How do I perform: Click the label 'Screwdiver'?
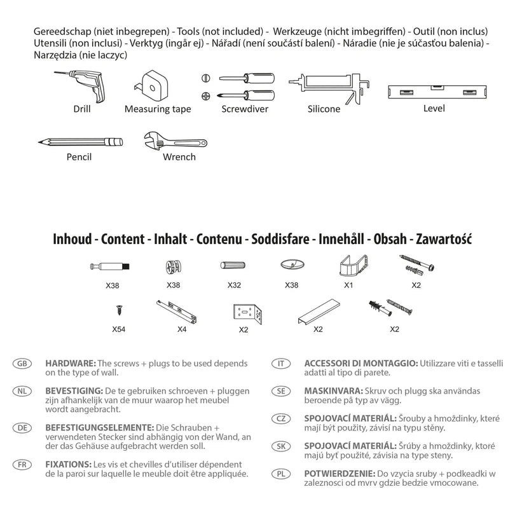point(245,109)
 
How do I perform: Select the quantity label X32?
point(234,285)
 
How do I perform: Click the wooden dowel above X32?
point(233,264)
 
